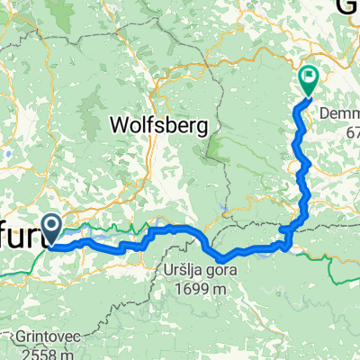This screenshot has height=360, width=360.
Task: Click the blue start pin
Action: pyautogui.click(x=56, y=229)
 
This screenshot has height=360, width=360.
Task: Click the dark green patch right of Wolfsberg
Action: pyautogui.click(x=216, y=139)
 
